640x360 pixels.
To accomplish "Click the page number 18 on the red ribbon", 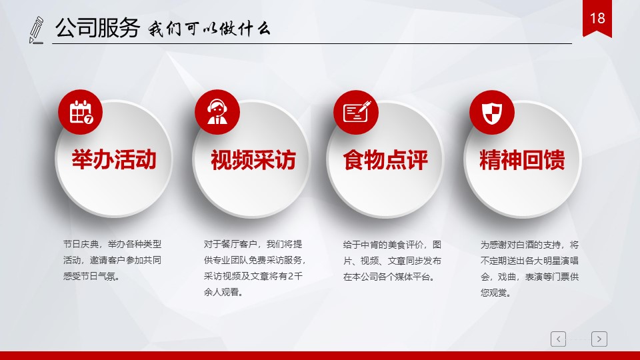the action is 597,19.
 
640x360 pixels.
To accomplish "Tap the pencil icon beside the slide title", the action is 36,30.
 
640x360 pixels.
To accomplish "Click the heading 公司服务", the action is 97,28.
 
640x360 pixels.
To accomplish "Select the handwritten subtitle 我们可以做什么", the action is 209,29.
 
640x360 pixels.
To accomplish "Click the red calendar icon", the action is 81,112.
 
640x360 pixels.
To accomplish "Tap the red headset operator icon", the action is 217,112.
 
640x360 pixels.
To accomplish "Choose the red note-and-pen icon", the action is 356,112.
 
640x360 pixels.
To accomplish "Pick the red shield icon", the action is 492,112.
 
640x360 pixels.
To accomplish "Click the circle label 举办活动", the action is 114,159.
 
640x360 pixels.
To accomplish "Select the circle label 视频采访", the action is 253,159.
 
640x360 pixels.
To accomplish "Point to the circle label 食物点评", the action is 385,159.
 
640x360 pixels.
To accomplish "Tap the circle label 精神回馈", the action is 522,159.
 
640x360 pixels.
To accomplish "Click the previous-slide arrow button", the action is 559,339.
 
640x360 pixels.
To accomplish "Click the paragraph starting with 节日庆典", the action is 112,260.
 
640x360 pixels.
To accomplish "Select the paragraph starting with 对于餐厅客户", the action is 255,268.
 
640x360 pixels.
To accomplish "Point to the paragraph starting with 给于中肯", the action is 392,261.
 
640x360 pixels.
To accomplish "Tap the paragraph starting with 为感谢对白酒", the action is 529,269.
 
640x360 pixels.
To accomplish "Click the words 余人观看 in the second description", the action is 221,292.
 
